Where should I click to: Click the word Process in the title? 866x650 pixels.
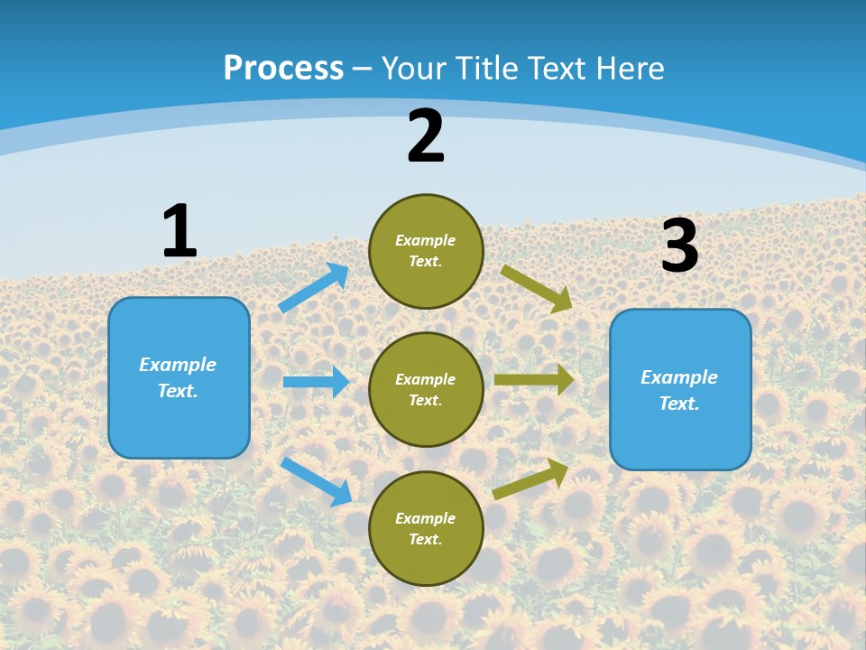[283, 68]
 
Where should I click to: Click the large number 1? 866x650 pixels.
[180, 231]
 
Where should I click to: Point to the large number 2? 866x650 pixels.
[426, 136]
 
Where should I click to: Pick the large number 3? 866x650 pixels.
[679, 246]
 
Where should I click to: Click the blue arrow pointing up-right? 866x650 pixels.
[314, 288]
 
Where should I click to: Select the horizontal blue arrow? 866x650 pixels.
[316, 382]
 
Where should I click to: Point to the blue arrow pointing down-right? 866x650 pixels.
[316, 481]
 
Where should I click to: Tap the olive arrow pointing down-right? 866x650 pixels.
[537, 288]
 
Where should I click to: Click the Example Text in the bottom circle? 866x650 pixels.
[426, 529]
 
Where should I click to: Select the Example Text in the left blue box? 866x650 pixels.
[178, 377]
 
